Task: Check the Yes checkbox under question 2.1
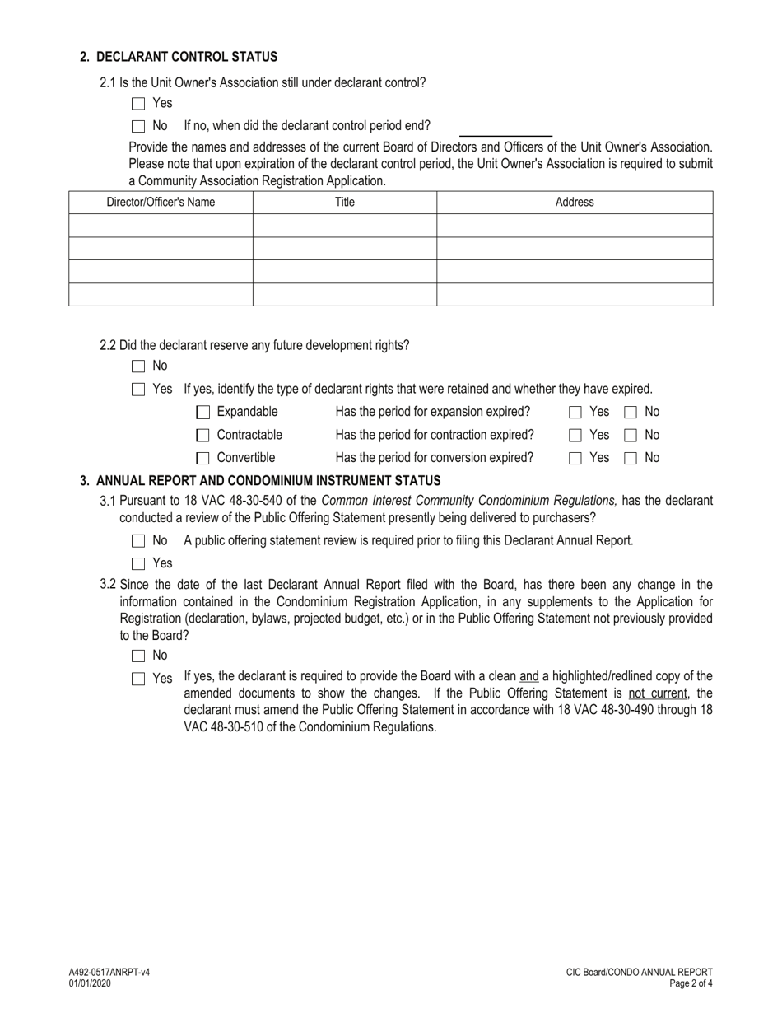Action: click(137, 104)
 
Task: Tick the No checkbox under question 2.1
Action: click(137, 127)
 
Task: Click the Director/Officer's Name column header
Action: click(161, 203)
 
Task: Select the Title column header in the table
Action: click(344, 203)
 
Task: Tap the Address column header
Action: click(574, 203)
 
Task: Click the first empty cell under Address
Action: click(574, 226)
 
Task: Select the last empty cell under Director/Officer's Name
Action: click(161, 295)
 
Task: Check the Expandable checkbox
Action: click(202, 412)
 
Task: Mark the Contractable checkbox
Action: click(202, 435)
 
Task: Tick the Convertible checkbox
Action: click(202, 458)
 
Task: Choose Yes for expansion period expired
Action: click(575, 412)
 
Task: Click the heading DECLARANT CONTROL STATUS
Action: click(187, 57)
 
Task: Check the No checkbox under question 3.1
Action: click(137, 541)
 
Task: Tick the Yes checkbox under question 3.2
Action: click(137, 679)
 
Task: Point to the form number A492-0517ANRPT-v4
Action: click(109, 973)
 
